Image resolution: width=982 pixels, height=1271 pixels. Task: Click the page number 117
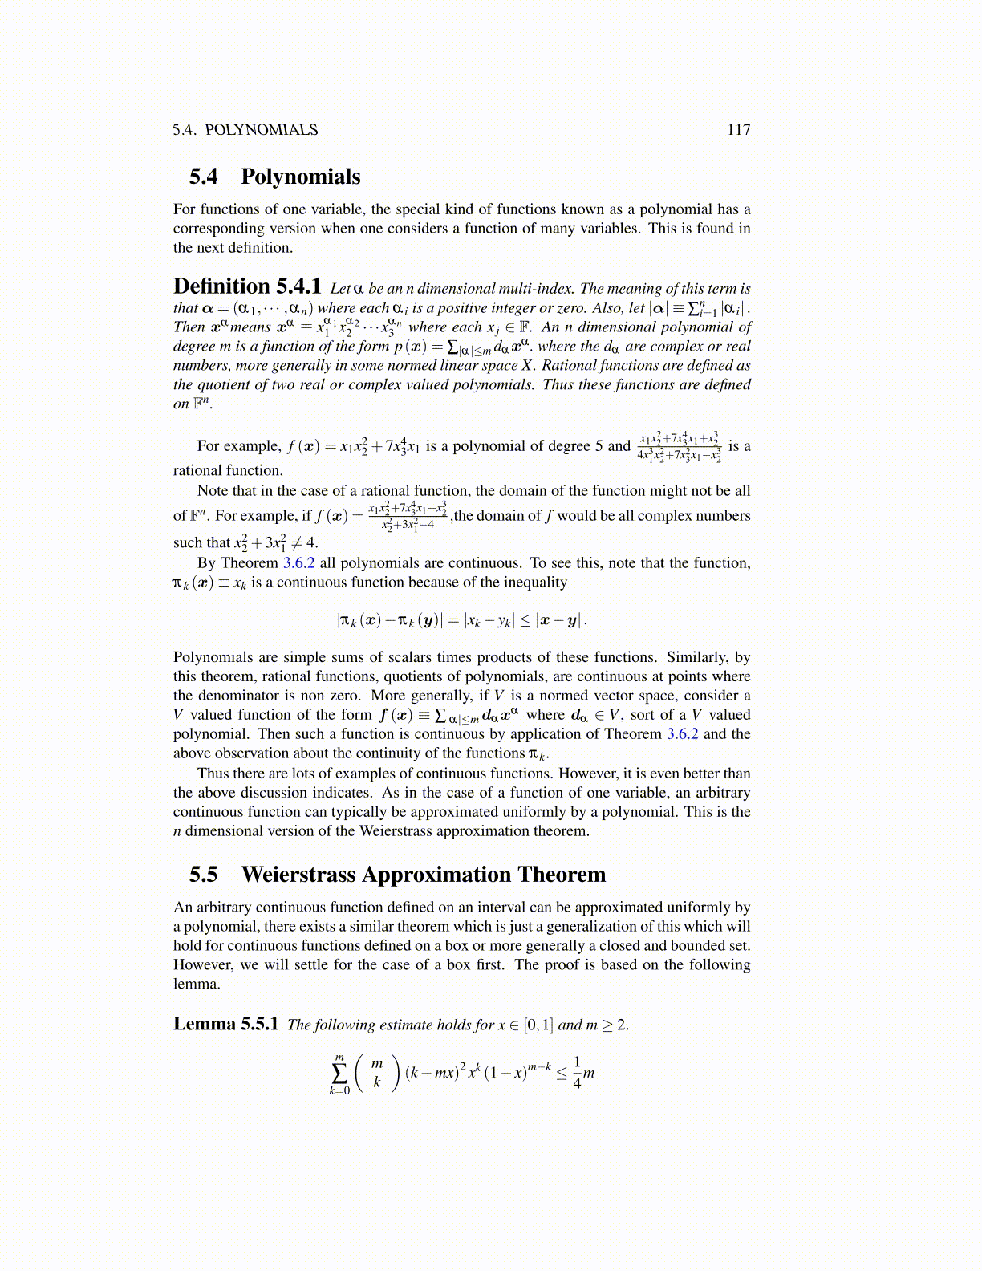tap(738, 130)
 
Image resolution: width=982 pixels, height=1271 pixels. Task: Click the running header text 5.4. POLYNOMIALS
tap(245, 130)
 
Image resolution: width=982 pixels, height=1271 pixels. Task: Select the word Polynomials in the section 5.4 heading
tap(300, 177)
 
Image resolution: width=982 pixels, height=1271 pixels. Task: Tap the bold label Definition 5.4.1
tap(247, 286)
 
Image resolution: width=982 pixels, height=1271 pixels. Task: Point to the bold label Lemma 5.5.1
tap(225, 1024)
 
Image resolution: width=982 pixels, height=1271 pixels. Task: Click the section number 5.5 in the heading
tap(204, 875)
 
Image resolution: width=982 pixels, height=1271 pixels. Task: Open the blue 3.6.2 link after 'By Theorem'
tap(298, 563)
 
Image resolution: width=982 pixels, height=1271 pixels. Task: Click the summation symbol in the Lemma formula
tap(339, 1074)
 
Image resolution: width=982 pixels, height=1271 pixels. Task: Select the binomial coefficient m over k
tap(376, 1073)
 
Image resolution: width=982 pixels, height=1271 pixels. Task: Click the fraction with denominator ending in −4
tap(408, 516)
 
